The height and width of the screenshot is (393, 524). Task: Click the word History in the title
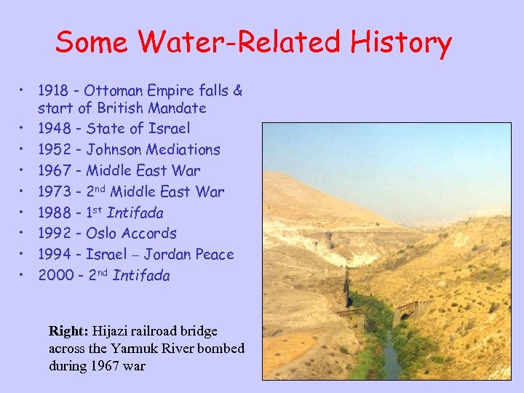(x=401, y=43)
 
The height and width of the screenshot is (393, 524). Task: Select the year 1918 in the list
(x=52, y=91)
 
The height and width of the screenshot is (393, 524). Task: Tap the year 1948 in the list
(x=53, y=129)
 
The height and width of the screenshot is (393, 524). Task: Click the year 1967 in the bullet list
(x=53, y=170)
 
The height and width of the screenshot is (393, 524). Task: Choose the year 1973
(x=53, y=191)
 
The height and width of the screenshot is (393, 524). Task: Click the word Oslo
(x=102, y=234)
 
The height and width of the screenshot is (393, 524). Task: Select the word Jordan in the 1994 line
(x=168, y=255)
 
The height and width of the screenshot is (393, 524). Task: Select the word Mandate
(x=177, y=108)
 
